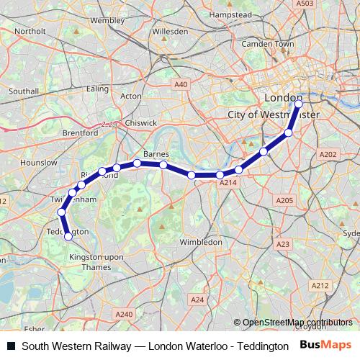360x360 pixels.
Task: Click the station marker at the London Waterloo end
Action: tap(299, 104)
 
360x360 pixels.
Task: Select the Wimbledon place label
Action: tap(202, 242)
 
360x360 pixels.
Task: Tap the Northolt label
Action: tap(30, 32)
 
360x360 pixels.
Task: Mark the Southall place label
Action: tap(24, 91)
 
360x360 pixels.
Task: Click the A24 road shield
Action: tap(196, 299)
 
